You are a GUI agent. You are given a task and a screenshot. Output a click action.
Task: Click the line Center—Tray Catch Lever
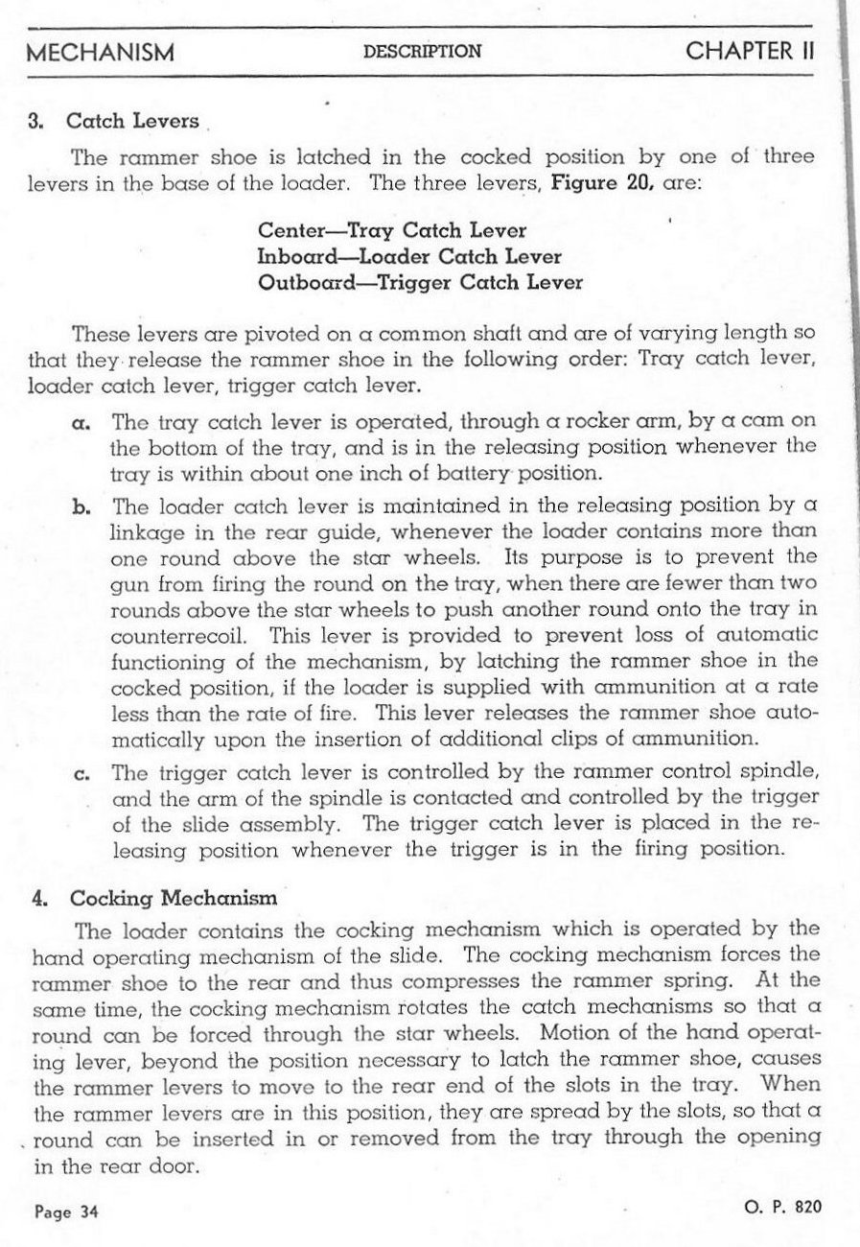[393, 232]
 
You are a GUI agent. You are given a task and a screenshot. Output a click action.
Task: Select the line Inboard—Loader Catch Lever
[410, 257]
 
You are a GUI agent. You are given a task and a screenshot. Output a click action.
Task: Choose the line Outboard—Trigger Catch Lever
[421, 283]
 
